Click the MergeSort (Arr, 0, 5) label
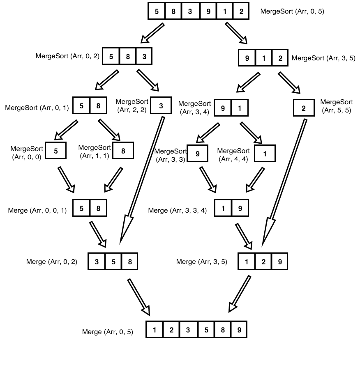pyautogui.click(x=292, y=11)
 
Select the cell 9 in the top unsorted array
pyautogui.click(x=208, y=11)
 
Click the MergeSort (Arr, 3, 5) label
pyautogui.click(x=323, y=58)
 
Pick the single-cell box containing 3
pyautogui.click(x=161, y=105)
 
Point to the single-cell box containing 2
pyautogui.click(x=304, y=108)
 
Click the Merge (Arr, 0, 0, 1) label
pyautogui.click(x=37, y=211)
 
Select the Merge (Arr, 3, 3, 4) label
pyautogui.click(x=177, y=211)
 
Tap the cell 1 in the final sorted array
pyautogui.click(x=155, y=329)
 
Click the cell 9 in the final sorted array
pyautogui.click(x=238, y=329)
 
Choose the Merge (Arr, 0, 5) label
pyautogui.click(x=108, y=332)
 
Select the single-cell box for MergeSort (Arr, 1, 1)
pyautogui.click(x=123, y=151)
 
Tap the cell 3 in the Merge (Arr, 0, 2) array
pyautogui.click(x=97, y=261)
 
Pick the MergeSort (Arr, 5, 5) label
pyautogui.click(x=336, y=106)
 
